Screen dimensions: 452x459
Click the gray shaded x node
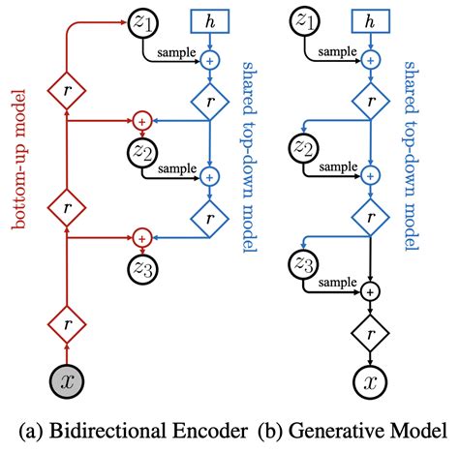[x=67, y=381]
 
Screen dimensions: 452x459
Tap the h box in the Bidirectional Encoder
[x=207, y=21]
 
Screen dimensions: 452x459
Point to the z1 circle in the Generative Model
[x=306, y=21]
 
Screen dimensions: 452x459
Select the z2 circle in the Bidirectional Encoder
[x=141, y=151]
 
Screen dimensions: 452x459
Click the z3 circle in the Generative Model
[x=306, y=263]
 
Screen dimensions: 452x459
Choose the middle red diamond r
[x=67, y=207]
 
